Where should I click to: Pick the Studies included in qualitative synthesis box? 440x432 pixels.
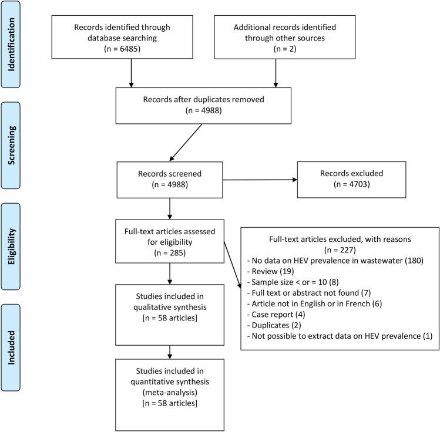point(170,314)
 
